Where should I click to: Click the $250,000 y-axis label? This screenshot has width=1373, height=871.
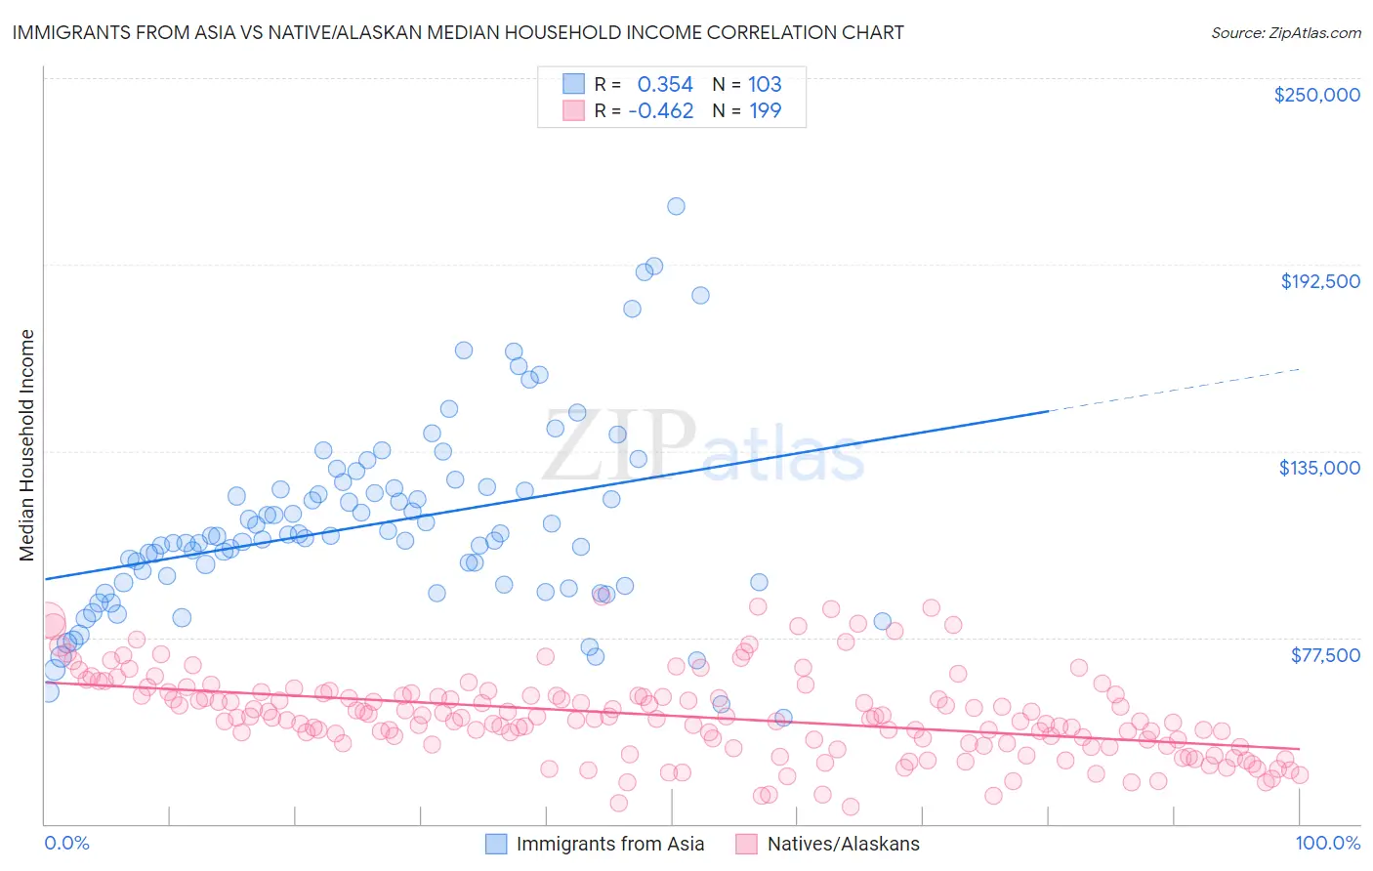coord(1316,95)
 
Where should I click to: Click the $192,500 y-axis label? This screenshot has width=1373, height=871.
coord(1319,281)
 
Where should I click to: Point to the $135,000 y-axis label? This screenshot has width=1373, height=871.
coord(1319,468)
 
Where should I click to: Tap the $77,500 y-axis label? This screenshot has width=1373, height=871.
coord(1325,655)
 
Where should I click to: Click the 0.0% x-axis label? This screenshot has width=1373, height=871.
coord(66,843)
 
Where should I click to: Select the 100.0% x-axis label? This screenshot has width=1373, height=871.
coord(1327,843)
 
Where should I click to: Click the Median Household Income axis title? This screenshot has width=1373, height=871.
coord(26,445)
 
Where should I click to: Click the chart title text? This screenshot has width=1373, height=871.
coord(457,32)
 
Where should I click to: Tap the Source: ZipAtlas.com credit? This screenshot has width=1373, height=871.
coord(1285,32)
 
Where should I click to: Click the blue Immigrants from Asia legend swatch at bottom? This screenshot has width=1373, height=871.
coord(496,844)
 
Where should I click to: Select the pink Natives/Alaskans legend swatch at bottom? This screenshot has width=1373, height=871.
coord(747,844)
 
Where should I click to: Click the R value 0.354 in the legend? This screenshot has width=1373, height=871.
coord(664,84)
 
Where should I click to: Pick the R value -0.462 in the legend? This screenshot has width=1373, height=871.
coord(660,110)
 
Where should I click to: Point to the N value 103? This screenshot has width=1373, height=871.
coord(765,84)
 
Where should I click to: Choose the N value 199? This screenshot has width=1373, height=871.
coord(765,110)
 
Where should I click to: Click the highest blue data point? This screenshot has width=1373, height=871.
coord(676,206)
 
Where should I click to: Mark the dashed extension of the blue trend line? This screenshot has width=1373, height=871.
coord(1172,391)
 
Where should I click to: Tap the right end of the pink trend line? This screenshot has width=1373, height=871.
coord(1298,748)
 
